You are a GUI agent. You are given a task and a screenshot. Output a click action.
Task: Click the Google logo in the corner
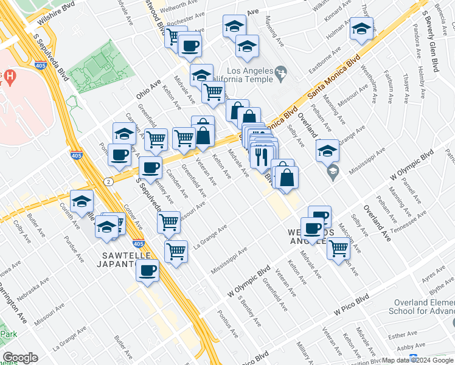coord(21,358)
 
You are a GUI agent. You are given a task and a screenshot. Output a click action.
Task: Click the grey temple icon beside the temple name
coord(280,74)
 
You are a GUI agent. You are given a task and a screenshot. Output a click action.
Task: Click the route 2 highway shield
coord(108,181)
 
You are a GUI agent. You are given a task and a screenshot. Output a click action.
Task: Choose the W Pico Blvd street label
coord(352,306)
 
